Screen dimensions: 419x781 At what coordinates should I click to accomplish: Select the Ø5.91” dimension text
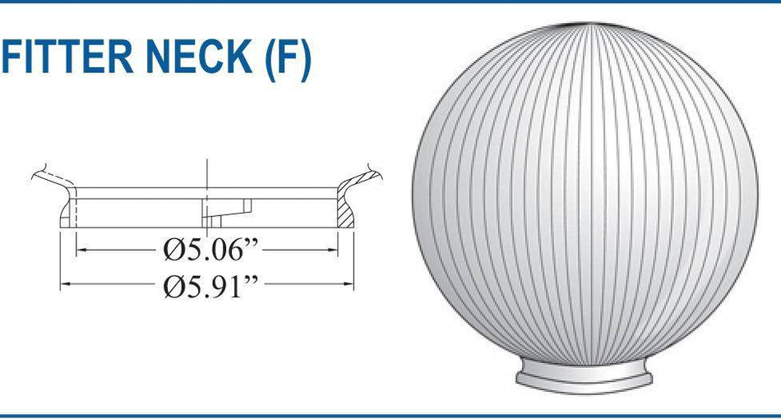coord(210,286)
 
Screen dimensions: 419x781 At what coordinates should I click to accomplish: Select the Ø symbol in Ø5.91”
coord(172,286)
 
